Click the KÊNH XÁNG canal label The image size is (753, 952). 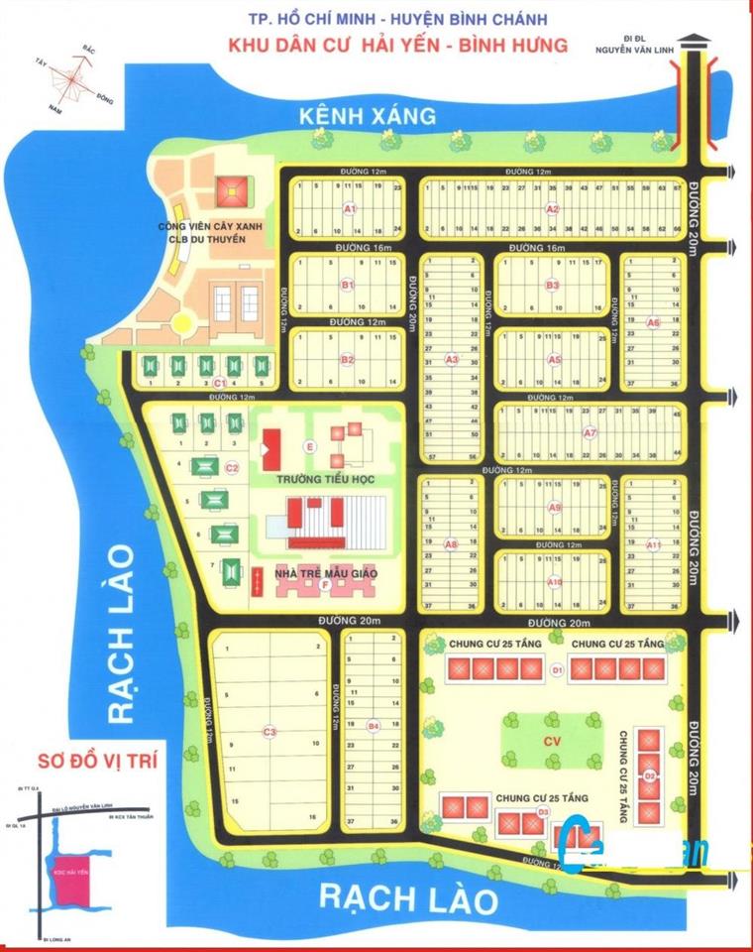[368, 116]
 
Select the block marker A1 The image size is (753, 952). [349, 209]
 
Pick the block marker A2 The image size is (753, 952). [552, 209]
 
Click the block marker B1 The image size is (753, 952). [348, 285]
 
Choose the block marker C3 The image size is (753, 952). [269, 732]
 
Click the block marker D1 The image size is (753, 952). [557, 670]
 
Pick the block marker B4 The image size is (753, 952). [373, 727]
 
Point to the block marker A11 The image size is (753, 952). [653, 544]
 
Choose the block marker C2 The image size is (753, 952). [232, 468]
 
